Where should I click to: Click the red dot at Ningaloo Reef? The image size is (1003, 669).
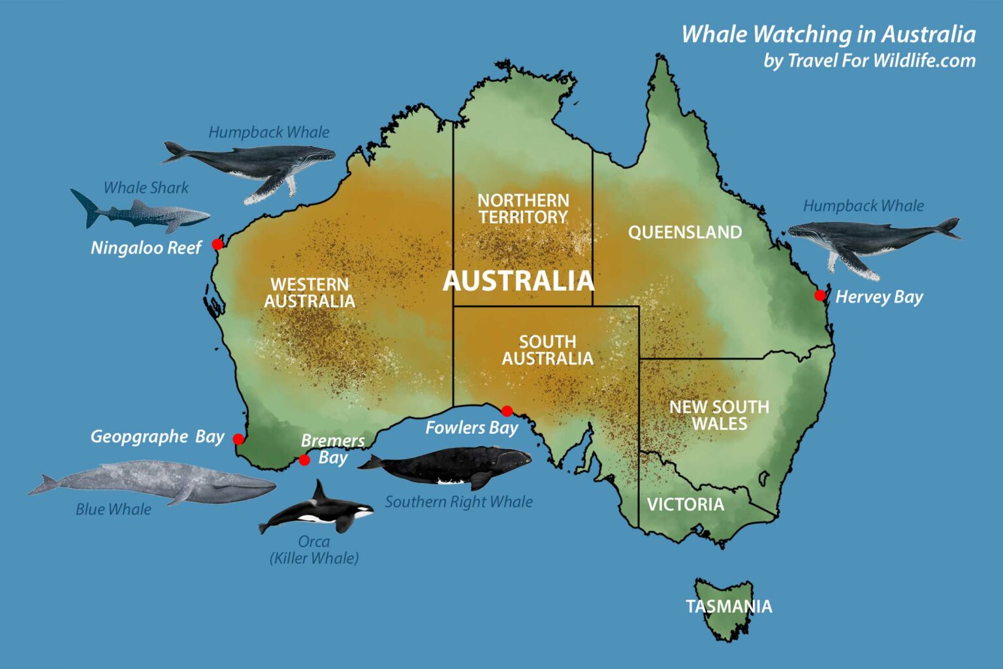tap(217, 244)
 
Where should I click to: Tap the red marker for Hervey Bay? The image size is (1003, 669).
tap(820, 295)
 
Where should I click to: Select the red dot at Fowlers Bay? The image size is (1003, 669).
tap(507, 411)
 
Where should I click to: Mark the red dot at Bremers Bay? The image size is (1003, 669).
tap(304, 460)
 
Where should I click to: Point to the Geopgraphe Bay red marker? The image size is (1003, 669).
tap(239, 438)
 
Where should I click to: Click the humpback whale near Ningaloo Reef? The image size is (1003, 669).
tap(255, 163)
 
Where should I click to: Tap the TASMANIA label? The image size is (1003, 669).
tap(729, 606)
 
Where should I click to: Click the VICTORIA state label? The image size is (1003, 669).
tap(685, 504)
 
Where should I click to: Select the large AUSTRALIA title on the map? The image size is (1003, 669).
tap(518, 281)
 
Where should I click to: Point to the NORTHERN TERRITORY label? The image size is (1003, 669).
tap(523, 208)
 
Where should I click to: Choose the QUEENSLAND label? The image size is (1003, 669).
tap(684, 232)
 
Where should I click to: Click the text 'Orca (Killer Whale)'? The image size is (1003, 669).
tap(314, 549)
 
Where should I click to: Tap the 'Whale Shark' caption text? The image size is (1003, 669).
tap(146, 188)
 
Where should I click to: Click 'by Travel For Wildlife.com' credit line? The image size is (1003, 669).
tap(869, 61)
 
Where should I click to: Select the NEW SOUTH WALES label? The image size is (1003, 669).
tap(719, 415)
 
